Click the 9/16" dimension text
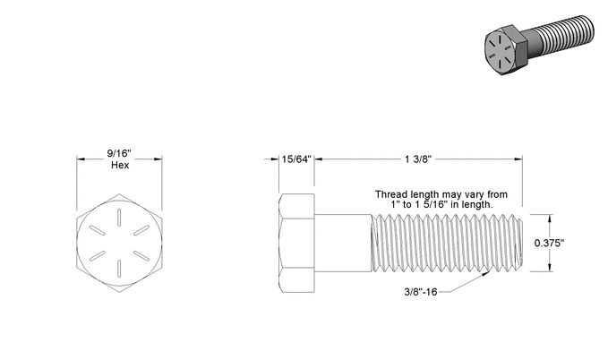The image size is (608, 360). pyautogui.click(x=119, y=153)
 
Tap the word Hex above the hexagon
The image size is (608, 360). pyautogui.click(x=120, y=165)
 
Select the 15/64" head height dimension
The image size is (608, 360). pyautogui.click(x=296, y=159)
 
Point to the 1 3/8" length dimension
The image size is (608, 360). pyautogui.click(x=418, y=159)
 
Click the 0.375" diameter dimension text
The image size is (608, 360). pyautogui.click(x=549, y=244)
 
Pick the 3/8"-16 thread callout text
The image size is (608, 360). pyautogui.click(x=421, y=292)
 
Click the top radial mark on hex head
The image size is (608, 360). pyautogui.click(x=119, y=218)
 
